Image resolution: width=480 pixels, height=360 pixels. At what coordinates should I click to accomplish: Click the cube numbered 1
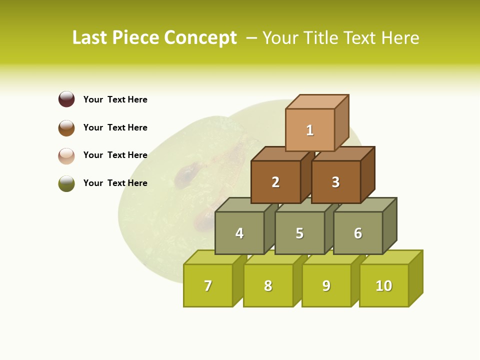click(x=310, y=130)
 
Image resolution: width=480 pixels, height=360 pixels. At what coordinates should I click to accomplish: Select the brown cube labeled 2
click(x=275, y=182)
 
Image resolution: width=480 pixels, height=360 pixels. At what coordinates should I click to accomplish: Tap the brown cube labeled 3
click(x=335, y=182)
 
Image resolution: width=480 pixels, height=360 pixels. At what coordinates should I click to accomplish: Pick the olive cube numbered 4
click(x=239, y=233)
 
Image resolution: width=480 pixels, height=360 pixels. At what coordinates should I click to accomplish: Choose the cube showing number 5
click(x=299, y=233)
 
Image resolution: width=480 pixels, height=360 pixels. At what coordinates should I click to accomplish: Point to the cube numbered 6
click(x=358, y=233)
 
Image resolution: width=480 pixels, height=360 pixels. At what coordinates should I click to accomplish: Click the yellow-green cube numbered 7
click(x=208, y=285)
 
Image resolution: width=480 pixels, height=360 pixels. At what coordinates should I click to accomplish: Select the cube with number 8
click(x=268, y=285)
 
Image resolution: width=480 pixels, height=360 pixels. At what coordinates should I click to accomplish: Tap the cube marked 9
click(x=326, y=285)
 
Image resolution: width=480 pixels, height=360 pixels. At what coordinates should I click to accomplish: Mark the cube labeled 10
click(x=384, y=285)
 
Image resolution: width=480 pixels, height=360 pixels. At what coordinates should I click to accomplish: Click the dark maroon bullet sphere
click(x=66, y=99)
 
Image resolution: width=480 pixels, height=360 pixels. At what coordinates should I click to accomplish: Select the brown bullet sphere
click(x=66, y=127)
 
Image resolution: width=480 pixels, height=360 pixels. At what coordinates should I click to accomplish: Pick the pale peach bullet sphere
click(x=66, y=155)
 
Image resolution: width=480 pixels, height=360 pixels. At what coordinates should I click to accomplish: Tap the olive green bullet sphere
click(x=66, y=183)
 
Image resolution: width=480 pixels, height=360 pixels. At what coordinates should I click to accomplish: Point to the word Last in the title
click(x=90, y=38)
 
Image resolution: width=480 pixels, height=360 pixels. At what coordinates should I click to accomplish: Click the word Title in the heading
click(x=319, y=38)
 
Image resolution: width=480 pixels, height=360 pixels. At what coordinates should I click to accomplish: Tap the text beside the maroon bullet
click(x=115, y=99)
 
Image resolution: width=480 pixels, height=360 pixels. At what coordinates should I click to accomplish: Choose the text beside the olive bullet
click(x=115, y=183)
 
